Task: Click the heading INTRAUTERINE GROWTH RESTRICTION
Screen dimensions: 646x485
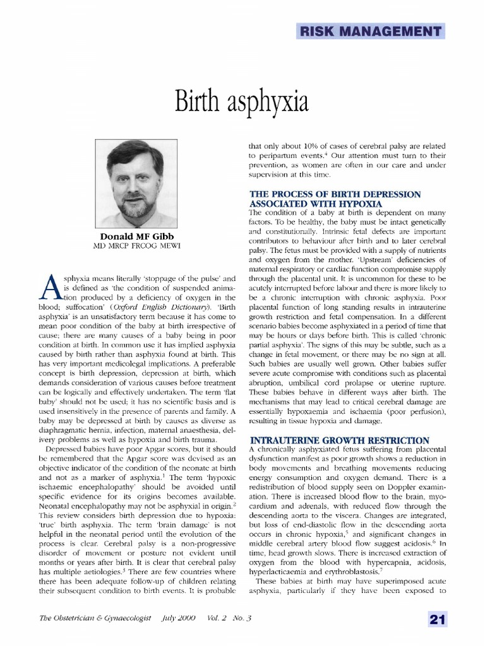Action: pos(340,440)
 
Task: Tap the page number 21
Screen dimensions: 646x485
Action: pos(438,619)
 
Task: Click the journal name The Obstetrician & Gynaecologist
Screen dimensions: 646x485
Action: pos(95,618)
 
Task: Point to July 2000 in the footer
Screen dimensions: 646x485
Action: pos(179,618)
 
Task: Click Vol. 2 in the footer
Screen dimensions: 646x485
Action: pos(217,618)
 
